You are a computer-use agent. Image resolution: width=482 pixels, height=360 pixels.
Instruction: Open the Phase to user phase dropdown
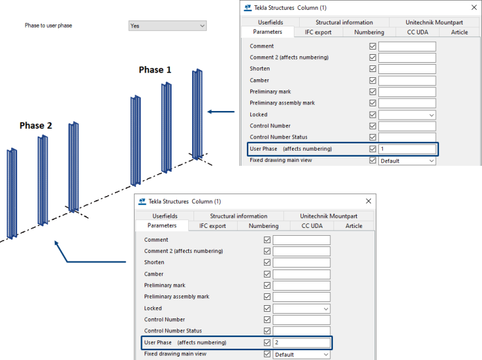[167, 26]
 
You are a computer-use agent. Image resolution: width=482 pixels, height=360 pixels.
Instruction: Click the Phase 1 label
[155, 69]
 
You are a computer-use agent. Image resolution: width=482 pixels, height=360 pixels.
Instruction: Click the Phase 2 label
[36, 126]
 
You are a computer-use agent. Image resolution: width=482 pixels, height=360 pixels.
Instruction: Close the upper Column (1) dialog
[473, 8]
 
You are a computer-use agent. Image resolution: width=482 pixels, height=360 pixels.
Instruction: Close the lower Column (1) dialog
[368, 201]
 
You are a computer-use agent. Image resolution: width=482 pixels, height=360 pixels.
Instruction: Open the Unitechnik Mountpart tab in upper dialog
[434, 22]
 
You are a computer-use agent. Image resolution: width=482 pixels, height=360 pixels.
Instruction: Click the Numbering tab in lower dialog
[263, 226]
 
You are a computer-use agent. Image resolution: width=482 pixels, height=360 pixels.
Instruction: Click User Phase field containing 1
[407, 149]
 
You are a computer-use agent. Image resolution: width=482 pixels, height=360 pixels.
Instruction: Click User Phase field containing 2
[301, 343]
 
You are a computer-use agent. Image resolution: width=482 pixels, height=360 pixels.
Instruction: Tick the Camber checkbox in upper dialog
[373, 81]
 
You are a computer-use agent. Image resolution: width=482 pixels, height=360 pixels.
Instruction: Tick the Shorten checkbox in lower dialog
[267, 263]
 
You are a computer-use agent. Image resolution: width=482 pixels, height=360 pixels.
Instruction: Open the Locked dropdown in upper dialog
[407, 115]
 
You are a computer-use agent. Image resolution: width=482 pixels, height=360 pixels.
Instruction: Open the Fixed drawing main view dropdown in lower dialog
[301, 355]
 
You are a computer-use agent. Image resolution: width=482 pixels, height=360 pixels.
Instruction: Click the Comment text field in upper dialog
[407, 46]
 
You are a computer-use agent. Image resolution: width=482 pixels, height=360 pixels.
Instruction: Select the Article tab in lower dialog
[354, 226]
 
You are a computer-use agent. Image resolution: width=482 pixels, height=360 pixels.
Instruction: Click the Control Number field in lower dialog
[301, 320]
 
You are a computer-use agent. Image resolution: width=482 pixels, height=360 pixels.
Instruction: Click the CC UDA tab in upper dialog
[417, 32]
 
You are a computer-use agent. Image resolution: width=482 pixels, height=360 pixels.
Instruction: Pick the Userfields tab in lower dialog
[164, 216]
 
